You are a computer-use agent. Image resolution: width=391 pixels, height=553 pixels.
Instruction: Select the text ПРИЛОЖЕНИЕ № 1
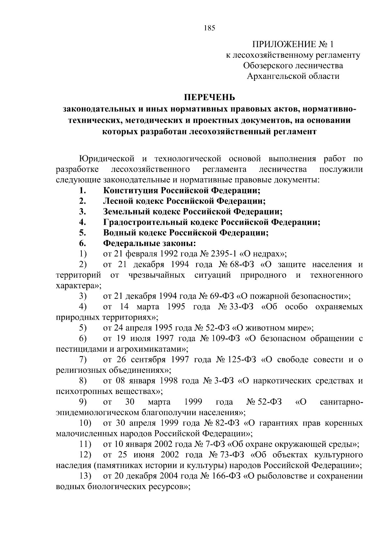(x=293, y=44)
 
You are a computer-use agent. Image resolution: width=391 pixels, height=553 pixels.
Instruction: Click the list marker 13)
(x=85, y=476)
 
